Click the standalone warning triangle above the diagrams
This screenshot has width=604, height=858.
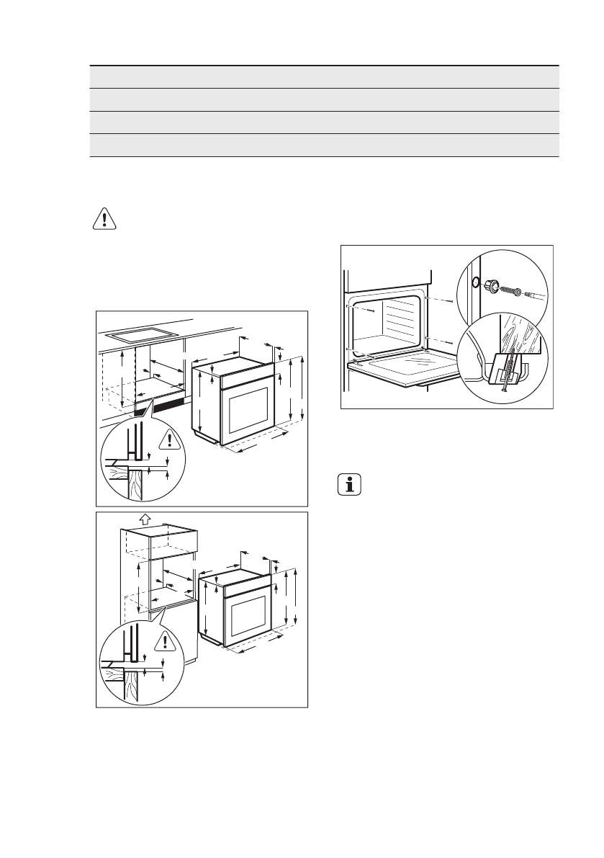pyautogui.click(x=104, y=218)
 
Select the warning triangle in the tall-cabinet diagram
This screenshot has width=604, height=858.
pyautogui.click(x=168, y=640)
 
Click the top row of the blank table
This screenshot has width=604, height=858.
pyautogui.click(x=324, y=77)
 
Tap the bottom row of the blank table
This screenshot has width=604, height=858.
pyautogui.click(x=324, y=145)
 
